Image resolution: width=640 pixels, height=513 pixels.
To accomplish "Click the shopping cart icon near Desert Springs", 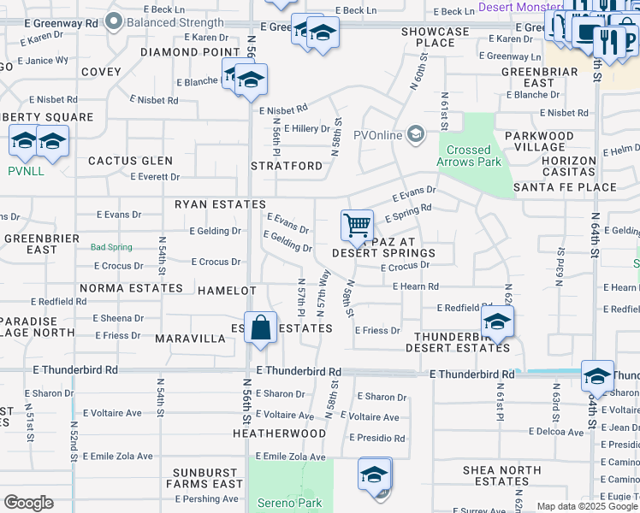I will pyautogui.click(x=357, y=226).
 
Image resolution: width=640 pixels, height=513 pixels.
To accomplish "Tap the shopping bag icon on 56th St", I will pyautogui.click(x=260, y=328).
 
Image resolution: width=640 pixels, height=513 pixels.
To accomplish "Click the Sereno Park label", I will pyautogui.click(x=291, y=504).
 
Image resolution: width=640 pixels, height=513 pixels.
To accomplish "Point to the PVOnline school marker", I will pyautogui.click(x=416, y=133).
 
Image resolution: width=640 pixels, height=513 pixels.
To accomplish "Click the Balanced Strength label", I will pyautogui.click(x=175, y=23).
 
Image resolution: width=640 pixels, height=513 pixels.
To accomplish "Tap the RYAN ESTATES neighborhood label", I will pyautogui.click(x=221, y=204).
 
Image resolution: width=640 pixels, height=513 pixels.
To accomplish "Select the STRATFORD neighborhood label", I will pyautogui.click(x=287, y=165).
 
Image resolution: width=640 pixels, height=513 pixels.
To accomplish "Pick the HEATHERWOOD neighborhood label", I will pyautogui.click(x=280, y=433).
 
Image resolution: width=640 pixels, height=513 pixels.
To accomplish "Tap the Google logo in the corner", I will pyautogui.click(x=28, y=503).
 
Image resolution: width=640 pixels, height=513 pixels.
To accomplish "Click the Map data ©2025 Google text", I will pyautogui.click(x=587, y=506).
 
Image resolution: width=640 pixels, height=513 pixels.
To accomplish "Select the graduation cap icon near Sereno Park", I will pyautogui.click(x=374, y=474).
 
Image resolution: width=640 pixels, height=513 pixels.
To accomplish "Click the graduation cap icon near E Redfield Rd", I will pyautogui.click(x=496, y=322).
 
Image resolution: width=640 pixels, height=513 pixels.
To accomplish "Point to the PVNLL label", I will pyautogui.click(x=26, y=171).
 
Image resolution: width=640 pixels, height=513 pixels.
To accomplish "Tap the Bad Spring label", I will pyautogui.click(x=112, y=247).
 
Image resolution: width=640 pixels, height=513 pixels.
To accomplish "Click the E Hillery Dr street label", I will pyautogui.click(x=307, y=129).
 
